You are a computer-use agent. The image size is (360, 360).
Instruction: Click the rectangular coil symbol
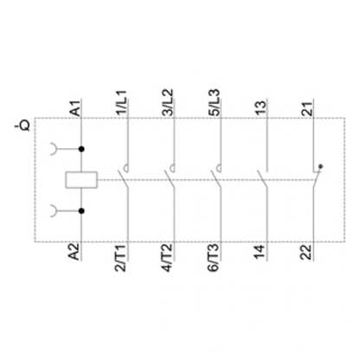pos(81,180)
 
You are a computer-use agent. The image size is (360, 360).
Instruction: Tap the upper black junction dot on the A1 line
pos(82,150)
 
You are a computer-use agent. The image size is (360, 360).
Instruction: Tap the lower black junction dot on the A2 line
pos(82,210)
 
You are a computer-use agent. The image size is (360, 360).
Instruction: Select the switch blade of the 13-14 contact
pos(263,179)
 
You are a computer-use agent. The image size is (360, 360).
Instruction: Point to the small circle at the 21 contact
pos(321,165)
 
